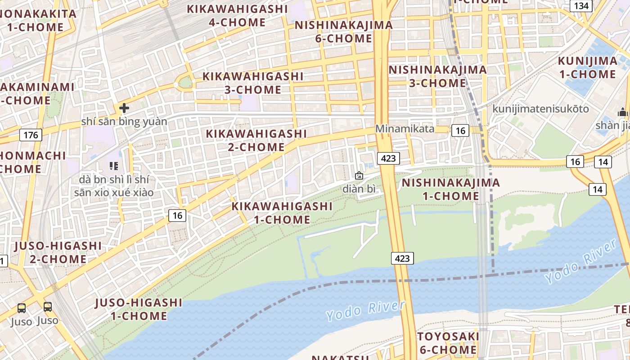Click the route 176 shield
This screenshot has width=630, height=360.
[31, 135]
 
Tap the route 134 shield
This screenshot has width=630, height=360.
[581, 6]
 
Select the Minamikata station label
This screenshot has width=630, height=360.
[405, 129]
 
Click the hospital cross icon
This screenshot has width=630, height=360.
[124, 108]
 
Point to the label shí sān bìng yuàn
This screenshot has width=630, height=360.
[124, 121]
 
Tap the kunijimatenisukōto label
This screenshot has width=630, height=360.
[540, 108]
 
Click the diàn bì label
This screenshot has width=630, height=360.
[359, 189]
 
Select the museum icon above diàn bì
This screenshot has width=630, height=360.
[359, 175]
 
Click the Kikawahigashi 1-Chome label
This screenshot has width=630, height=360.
[282, 213]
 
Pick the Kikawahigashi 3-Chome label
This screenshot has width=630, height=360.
[253, 83]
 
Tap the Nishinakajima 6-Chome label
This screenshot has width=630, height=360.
[344, 31]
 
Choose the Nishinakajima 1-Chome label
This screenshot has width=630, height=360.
[450, 189]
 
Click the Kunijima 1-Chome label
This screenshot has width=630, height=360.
[587, 67]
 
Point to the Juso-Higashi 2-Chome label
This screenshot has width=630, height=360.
[58, 252]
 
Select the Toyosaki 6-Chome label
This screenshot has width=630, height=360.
[447, 343]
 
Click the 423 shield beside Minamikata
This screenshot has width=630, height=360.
[387, 158]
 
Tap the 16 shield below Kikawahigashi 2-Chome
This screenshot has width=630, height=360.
[178, 216]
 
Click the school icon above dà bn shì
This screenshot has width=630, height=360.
[113, 166]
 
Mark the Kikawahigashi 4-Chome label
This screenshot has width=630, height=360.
[237, 15]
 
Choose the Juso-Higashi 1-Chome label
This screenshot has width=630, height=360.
[139, 309]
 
